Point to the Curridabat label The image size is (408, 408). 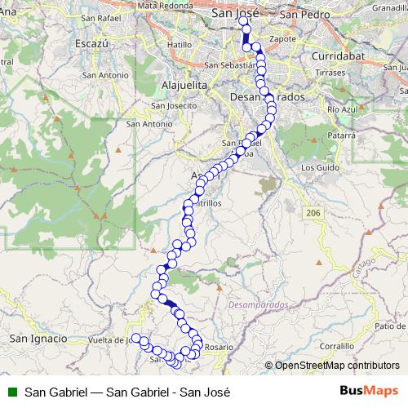pos(335,56)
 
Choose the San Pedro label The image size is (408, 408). pos(298,14)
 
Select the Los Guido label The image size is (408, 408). pos(319,167)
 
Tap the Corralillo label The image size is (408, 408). pos(337,346)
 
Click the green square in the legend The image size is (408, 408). pos(11,390)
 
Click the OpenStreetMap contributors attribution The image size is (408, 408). pos(336,366)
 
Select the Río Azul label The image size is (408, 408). pos(342,109)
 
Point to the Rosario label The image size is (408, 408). pos(219,347)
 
